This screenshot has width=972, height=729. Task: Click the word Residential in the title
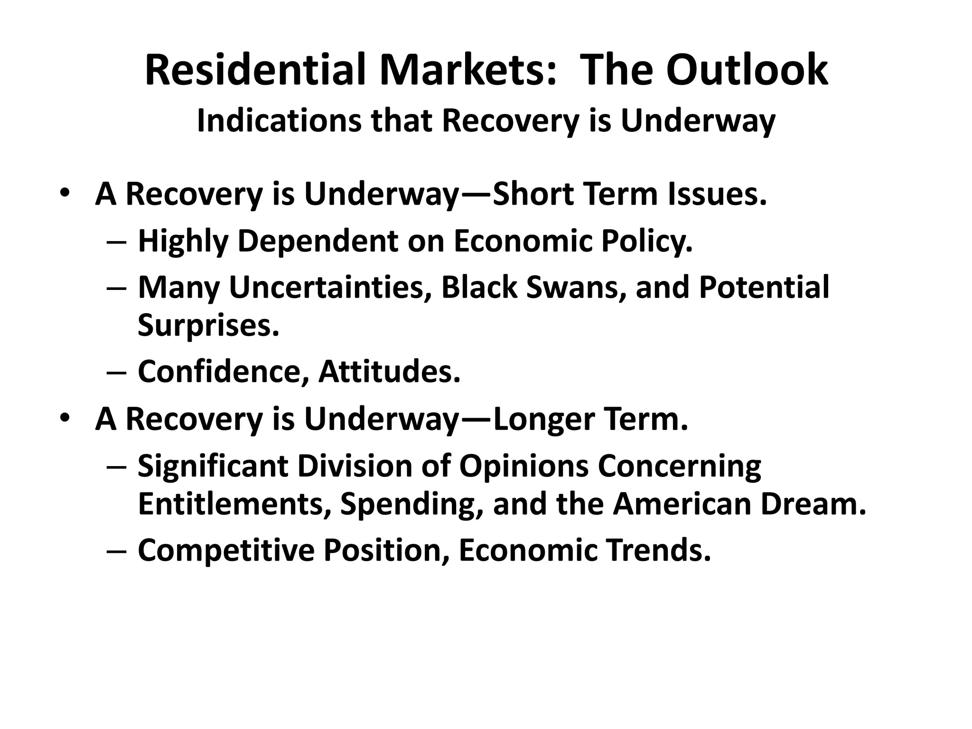257,70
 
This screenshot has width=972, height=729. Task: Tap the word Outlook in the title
747,70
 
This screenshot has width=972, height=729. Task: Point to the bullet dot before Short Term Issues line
65,194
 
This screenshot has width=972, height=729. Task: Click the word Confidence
220,371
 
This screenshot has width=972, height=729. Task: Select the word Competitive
226,550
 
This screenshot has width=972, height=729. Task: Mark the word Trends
658,550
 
